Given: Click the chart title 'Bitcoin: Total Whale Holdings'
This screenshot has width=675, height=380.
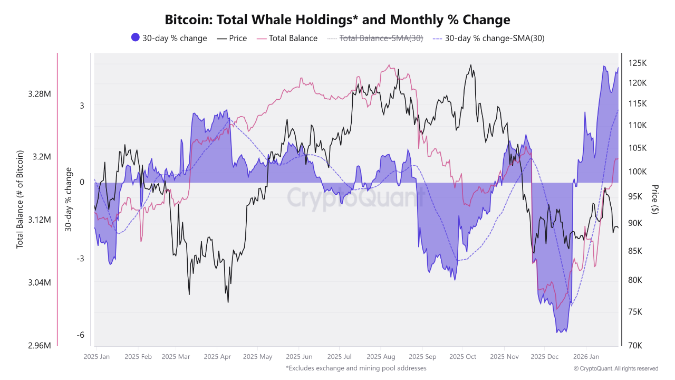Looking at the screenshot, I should point(337,20).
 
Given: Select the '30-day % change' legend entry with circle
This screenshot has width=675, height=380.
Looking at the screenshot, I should point(169,38).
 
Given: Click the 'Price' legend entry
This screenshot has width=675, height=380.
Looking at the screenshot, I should point(232,38).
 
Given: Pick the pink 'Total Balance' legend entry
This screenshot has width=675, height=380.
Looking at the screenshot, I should point(287,38).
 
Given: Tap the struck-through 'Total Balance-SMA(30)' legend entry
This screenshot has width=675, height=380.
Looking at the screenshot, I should point(375,38).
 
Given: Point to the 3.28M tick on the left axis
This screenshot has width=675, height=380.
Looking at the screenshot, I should point(40,94).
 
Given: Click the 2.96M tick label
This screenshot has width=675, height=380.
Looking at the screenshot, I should point(40,346).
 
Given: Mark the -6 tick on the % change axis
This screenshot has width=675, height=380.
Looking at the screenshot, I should point(81,335).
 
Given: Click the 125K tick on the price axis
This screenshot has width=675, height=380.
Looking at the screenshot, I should point(637,63).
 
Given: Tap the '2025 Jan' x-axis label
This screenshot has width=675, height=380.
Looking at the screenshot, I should point(97,357).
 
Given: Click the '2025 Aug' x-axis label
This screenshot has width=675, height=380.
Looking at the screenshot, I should point(381,357).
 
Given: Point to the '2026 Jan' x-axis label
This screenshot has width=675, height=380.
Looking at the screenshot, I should point(586,357).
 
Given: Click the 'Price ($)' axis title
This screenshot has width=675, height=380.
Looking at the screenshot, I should point(655,199).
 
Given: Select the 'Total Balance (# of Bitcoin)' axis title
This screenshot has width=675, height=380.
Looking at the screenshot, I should point(20,199).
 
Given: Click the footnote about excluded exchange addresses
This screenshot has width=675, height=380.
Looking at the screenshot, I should point(356,368).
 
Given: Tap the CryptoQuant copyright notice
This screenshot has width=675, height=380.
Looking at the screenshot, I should point(616,368).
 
